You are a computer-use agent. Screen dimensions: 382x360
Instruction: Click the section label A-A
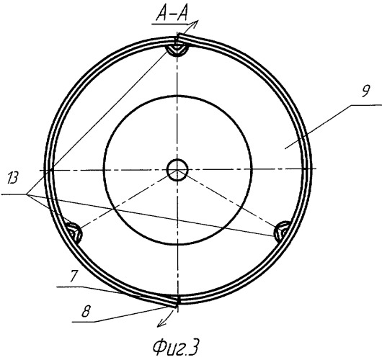(172, 15)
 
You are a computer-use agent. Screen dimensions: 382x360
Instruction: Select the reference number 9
(365, 91)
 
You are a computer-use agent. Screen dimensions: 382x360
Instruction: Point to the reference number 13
(13, 178)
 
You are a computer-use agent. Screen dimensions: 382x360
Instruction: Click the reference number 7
(74, 276)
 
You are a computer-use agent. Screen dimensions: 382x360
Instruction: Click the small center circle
(177, 170)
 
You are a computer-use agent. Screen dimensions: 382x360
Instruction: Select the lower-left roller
(74, 233)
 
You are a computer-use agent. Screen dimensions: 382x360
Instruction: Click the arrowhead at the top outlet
(195, 22)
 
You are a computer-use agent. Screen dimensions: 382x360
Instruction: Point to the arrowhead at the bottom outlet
(160, 324)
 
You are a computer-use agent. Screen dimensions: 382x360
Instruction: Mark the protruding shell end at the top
(182, 36)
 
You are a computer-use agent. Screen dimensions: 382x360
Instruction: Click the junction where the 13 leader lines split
(27, 194)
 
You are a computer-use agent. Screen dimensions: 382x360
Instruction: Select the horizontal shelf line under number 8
(84, 322)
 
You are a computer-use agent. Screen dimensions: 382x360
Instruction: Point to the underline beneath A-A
(169, 24)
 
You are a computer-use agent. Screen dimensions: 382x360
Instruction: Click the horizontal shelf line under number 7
(69, 287)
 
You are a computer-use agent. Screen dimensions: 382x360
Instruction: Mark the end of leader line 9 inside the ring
(285, 148)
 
